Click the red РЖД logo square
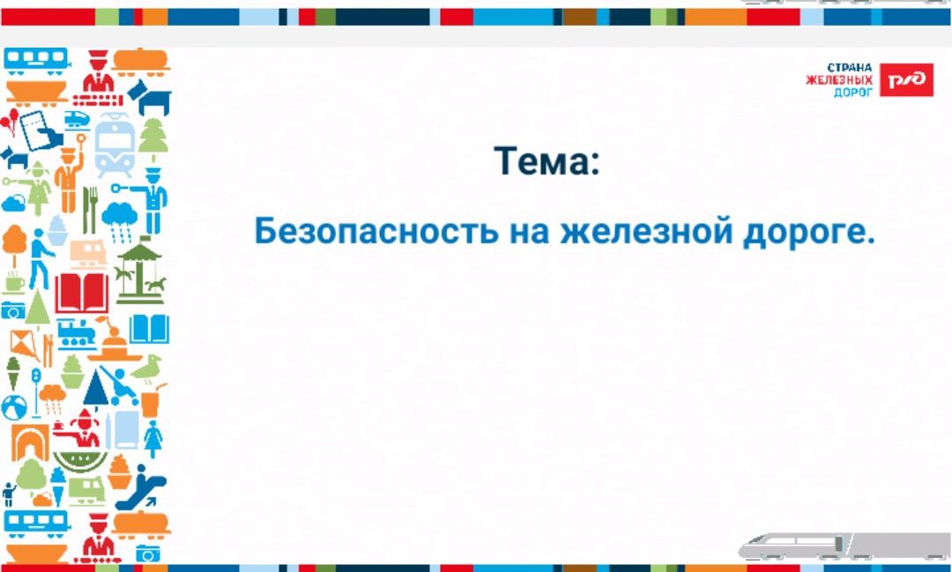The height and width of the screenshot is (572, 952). tap(906, 79)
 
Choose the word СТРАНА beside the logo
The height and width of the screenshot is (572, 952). tap(850, 67)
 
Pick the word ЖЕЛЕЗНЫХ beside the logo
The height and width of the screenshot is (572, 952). tap(840, 80)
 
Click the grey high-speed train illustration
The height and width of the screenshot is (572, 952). tap(844, 546)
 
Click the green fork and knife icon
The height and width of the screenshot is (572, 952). tap(90, 210)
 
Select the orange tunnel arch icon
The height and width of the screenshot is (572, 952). tap(30, 442)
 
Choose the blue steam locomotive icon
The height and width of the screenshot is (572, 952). tap(76, 335)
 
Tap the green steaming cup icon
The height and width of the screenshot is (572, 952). tap(15, 282)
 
